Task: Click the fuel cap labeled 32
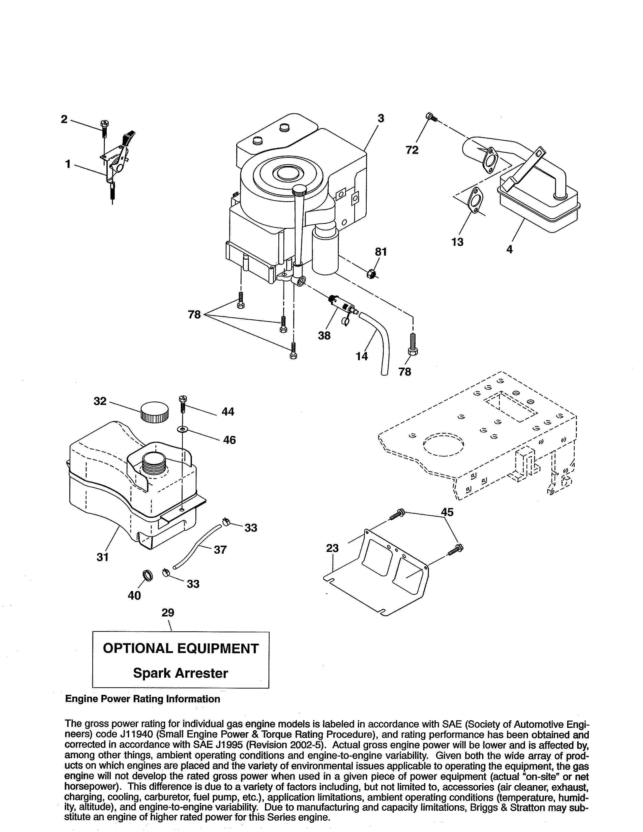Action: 155,412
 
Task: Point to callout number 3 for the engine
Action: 381,118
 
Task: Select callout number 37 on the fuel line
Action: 220,549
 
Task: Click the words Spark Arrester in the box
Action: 180,673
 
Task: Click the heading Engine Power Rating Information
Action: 142,699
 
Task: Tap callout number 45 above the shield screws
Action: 447,512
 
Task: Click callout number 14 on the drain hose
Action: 362,356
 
